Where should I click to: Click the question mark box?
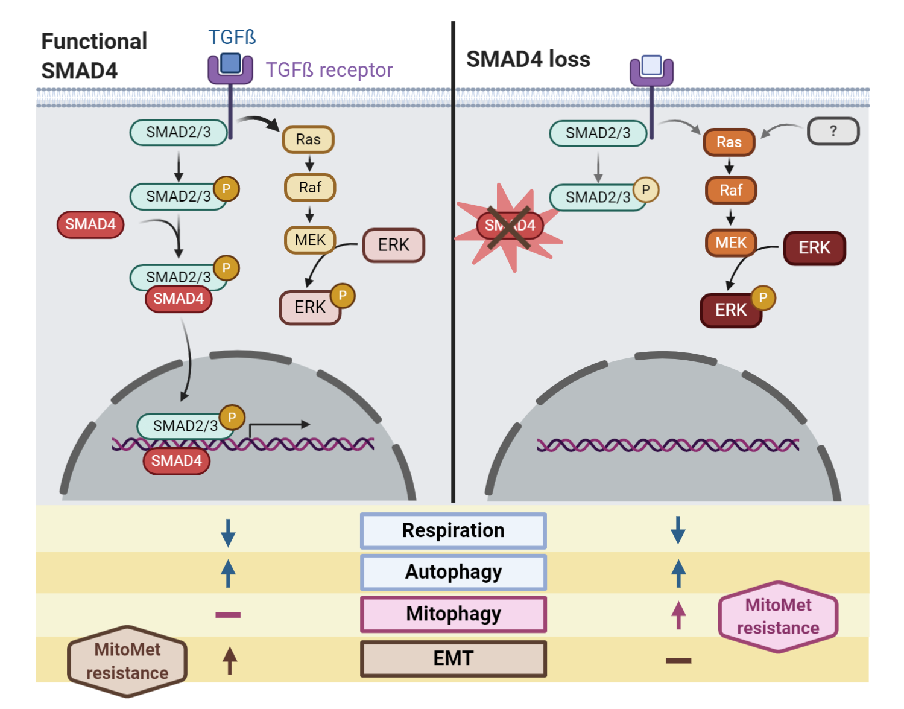point(833,132)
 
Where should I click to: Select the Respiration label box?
point(453,530)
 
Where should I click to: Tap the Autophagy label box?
point(453,572)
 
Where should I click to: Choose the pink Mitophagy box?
point(453,614)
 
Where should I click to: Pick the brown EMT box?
point(453,658)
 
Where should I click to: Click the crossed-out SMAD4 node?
point(510,226)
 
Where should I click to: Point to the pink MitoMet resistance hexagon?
point(778,617)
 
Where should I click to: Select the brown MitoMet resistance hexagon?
point(127,661)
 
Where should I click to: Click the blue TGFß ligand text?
point(232,37)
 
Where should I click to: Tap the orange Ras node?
point(729,142)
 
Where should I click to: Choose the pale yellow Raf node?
point(310,188)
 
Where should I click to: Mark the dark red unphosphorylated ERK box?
point(814,248)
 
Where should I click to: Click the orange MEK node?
point(731,243)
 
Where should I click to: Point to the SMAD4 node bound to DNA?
point(176,461)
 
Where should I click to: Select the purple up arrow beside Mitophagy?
point(678,615)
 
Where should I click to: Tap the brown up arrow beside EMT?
point(229,660)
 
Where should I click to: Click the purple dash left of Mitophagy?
point(228,615)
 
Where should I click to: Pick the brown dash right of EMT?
point(678,661)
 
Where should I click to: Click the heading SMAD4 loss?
point(528,59)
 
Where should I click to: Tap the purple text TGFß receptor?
point(329,70)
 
